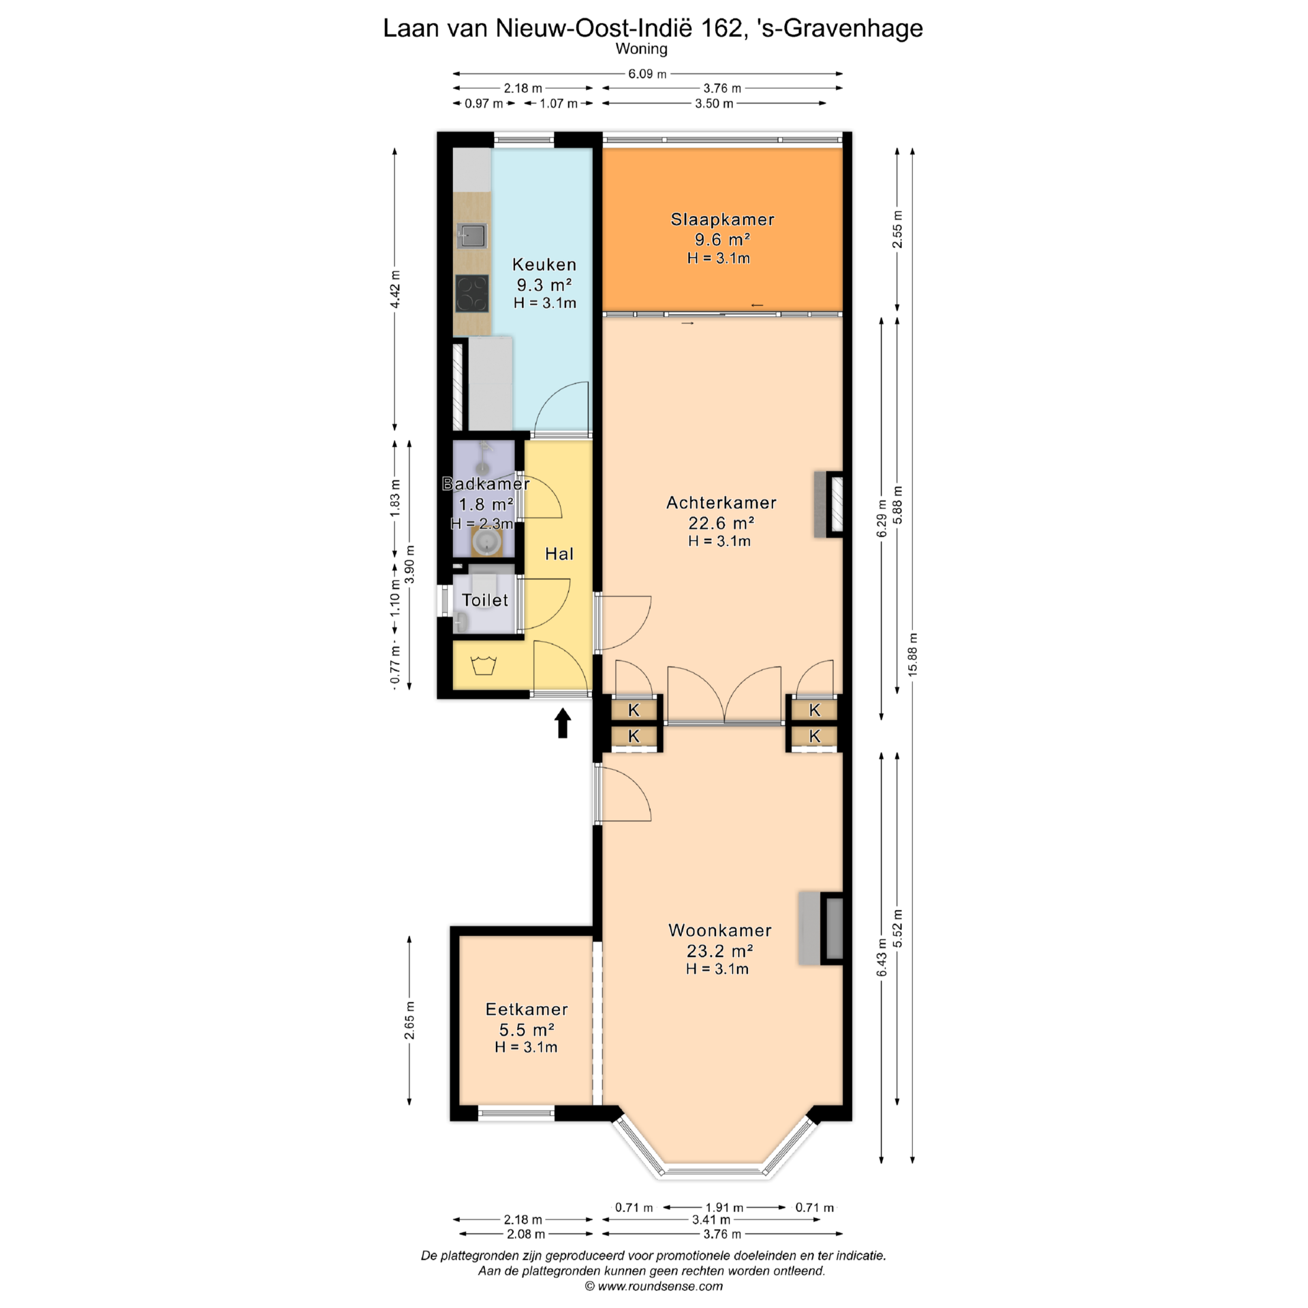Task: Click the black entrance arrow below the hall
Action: [x=563, y=723]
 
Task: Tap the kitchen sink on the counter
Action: [x=472, y=236]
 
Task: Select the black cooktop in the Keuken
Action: [x=472, y=293]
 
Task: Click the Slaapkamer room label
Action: [x=722, y=219]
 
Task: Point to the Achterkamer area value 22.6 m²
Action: [x=721, y=523]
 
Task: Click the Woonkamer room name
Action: [x=720, y=930]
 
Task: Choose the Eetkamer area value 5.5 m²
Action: [x=527, y=1029]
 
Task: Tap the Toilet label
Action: [x=485, y=600]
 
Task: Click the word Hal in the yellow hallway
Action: [x=559, y=554]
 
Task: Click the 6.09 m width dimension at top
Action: [x=647, y=74]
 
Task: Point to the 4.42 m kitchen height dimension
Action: [x=395, y=290]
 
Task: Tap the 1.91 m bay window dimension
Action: [x=723, y=1207]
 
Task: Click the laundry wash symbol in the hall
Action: [x=483, y=665]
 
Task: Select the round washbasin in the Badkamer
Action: [x=486, y=542]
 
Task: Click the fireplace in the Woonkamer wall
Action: [x=821, y=928]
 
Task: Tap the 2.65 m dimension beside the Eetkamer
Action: [x=409, y=1021]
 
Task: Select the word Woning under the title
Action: [x=642, y=49]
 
